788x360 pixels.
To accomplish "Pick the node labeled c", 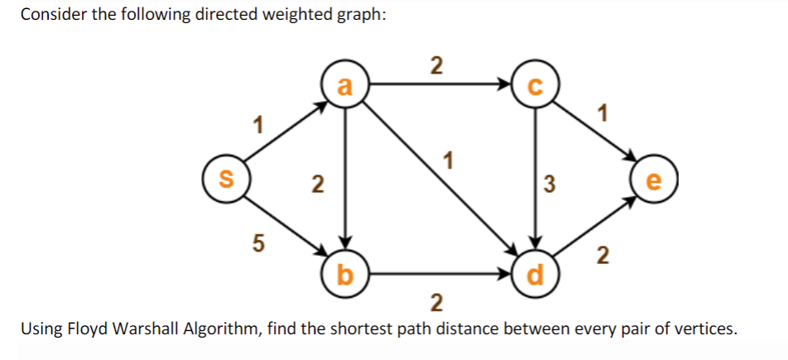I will [x=536, y=86].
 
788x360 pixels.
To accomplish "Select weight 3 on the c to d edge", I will [x=549, y=183].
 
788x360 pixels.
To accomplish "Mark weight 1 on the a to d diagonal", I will [x=448, y=159].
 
